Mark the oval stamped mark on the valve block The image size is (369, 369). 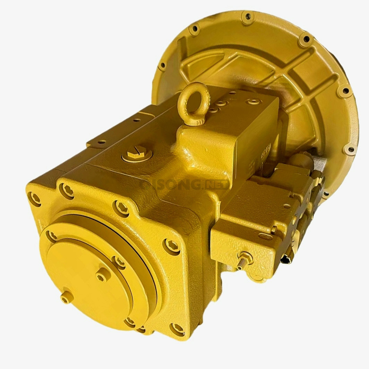tap(265, 236)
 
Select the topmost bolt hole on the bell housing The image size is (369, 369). tap(248, 16)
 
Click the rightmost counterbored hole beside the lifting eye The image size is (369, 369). tap(254, 102)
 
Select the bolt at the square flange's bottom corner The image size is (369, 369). tap(177, 328)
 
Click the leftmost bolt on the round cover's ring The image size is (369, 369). tap(52, 236)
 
